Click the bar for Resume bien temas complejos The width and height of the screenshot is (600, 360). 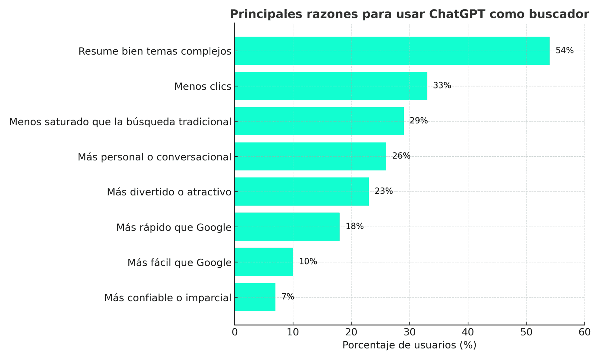pyautogui.click(x=392, y=51)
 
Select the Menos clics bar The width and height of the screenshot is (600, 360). pyautogui.click(x=331, y=86)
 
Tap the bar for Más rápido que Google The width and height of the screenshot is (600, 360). pyautogui.click(x=287, y=227)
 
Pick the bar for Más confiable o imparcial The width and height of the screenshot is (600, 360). pyautogui.click(x=255, y=297)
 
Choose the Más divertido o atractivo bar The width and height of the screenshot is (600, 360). pyautogui.click(x=302, y=192)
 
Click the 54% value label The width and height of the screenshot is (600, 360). pyautogui.click(x=564, y=51)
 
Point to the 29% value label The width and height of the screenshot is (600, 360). pyautogui.click(x=418, y=121)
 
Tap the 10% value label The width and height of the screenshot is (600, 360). pyautogui.click(x=308, y=262)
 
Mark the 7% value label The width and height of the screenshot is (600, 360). pyautogui.click(x=287, y=297)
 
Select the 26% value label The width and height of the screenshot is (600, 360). pyautogui.click(x=401, y=156)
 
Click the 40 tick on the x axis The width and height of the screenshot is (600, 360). pyautogui.click(x=468, y=332)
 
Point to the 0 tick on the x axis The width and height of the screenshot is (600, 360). pyautogui.click(x=235, y=332)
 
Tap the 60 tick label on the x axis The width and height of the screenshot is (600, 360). pyautogui.click(x=584, y=332)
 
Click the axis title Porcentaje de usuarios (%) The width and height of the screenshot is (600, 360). pyautogui.click(x=409, y=345)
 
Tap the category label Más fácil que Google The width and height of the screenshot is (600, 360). pyautogui.click(x=179, y=262)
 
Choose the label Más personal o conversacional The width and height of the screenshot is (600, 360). pyautogui.click(x=154, y=157)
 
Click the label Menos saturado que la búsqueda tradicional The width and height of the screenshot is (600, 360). pyautogui.click(x=120, y=122)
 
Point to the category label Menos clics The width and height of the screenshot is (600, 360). pyautogui.click(x=203, y=87)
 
